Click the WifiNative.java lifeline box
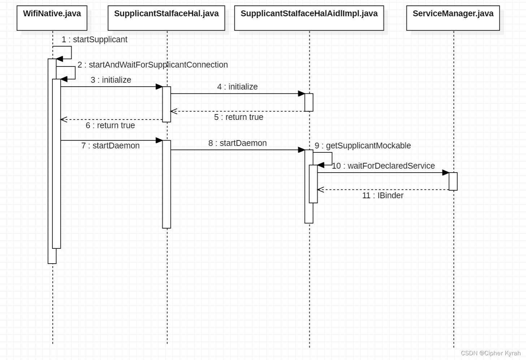[52, 18]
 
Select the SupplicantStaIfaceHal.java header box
[166, 18]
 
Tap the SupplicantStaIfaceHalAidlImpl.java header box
[309, 18]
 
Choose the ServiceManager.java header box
[453, 18]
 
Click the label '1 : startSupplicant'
[94, 39]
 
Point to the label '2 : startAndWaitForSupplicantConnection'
[152, 65]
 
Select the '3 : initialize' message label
[111, 80]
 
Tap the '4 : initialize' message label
[237, 87]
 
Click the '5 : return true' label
[238, 117]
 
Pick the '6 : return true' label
[110, 125]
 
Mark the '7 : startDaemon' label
[110, 146]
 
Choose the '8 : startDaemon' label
[237, 143]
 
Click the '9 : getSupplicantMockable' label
[363, 146]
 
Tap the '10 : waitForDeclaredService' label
[383, 166]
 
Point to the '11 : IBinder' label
[383, 195]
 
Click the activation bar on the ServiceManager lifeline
[453, 181]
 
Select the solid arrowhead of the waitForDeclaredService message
[446, 173]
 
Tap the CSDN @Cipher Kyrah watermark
[491, 353]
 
